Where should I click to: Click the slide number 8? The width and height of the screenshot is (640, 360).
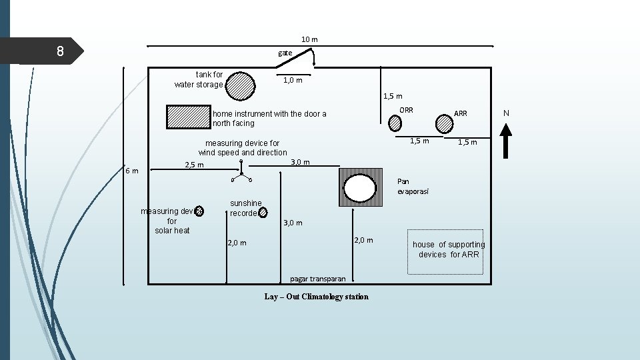[x=60, y=51]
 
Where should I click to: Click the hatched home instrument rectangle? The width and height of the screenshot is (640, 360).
[x=189, y=116]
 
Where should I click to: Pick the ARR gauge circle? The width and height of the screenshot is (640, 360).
[x=444, y=123]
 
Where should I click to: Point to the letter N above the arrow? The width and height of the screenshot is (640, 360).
[x=506, y=113]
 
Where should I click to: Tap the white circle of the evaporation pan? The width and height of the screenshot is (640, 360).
[x=360, y=187]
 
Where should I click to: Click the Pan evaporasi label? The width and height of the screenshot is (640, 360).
[x=413, y=186]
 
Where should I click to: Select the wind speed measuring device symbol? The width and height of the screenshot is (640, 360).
[x=241, y=172]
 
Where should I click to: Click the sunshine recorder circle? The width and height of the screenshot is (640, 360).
[x=265, y=213]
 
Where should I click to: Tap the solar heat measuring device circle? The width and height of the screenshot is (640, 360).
[x=199, y=211]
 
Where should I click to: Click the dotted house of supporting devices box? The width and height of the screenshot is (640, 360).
[x=445, y=251]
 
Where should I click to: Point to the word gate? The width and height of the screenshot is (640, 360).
[x=285, y=52]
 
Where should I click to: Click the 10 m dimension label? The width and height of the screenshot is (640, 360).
[x=309, y=39]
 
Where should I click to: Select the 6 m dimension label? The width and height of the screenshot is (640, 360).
[x=132, y=171]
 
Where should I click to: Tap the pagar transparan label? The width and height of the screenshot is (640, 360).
[x=318, y=279]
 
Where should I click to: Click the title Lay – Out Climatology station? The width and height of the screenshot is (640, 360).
[x=316, y=297]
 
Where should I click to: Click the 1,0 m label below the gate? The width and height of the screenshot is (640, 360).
[x=293, y=80]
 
